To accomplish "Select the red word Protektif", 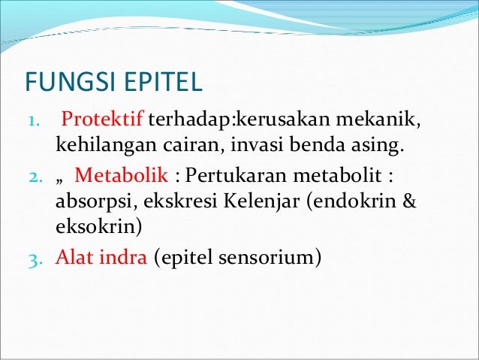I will click(x=103, y=120).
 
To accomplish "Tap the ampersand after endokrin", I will click(x=409, y=201).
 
